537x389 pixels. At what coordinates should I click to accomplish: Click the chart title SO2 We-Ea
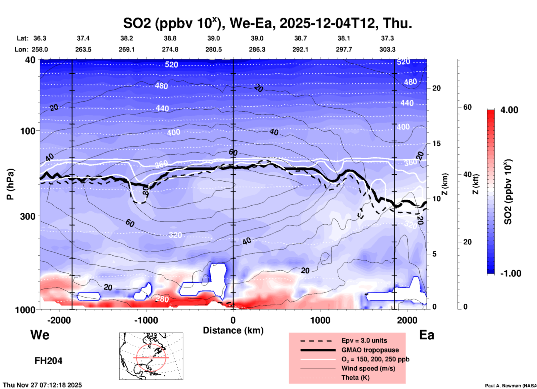pyautogui.click(x=267, y=23)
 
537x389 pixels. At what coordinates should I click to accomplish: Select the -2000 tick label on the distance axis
pyautogui.click(x=59, y=320)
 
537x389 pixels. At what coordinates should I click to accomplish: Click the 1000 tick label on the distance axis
pyautogui.click(x=320, y=320)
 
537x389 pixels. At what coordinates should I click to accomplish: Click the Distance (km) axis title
pyautogui.click(x=233, y=330)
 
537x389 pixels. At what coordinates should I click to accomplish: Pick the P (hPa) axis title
pyautogui.click(x=10, y=184)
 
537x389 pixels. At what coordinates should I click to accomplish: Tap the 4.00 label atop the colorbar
pyautogui.click(x=509, y=110)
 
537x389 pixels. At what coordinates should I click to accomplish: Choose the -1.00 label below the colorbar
pyautogui.click(x=511, y=273)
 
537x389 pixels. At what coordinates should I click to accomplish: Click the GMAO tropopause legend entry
pyautogui.click(x=370, y=350)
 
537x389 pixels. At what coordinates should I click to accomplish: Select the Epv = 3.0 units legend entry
pyautogui.click(x=364, y=340)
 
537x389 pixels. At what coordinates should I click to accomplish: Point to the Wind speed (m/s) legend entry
pyautogui.click(x=368, y=368)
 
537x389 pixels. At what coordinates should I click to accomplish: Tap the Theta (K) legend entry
pyautogui.click(x=355, y=378)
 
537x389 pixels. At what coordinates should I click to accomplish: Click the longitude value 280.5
pyautogui.click(x=214, y=49)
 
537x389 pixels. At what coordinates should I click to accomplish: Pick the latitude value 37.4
pyautogui.click(x=83, y=38)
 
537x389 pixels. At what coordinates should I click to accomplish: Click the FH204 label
pyautogui.click(x=48, y=361)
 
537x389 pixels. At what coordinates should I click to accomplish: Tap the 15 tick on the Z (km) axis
pyautogui.click(x=437, y=143)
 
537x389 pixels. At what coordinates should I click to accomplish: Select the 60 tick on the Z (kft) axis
pyautogui.click(x=467, y=107)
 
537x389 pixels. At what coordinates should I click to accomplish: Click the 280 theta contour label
pyautogui.click(x=162, y=299)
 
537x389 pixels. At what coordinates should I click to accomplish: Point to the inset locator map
pyautogui.click(x=151, y=356)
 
